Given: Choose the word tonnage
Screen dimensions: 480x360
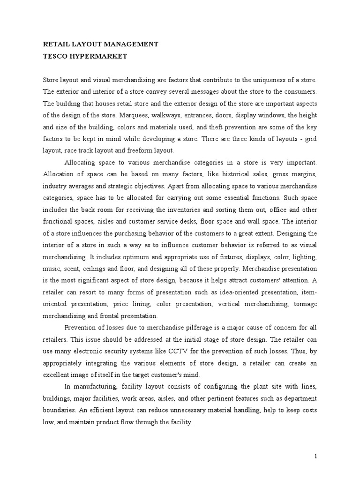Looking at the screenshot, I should click(305, 304).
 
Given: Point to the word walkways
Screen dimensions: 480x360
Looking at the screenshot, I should click(171, 114).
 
